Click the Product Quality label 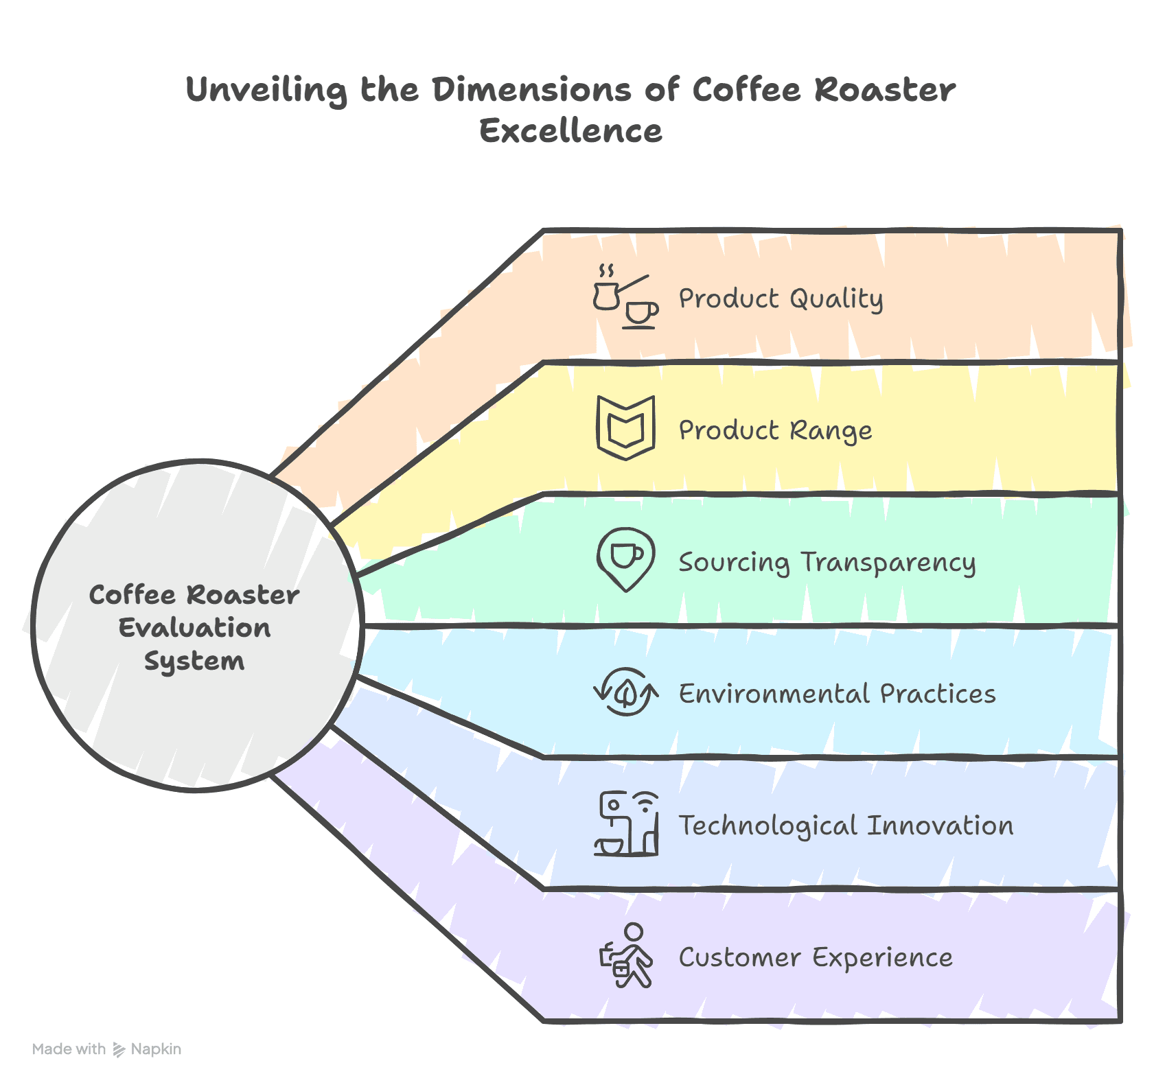781,299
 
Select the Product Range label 775,431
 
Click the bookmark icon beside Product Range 625,428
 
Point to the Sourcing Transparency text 827,563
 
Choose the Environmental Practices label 837,694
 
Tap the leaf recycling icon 625,692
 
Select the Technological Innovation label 846,826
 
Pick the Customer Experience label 816,957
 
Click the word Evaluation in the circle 194,628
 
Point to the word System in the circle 194,662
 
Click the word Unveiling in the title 266,91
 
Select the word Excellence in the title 570,131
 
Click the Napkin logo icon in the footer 119,1049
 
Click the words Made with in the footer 69,1049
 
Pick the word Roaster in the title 885,91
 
